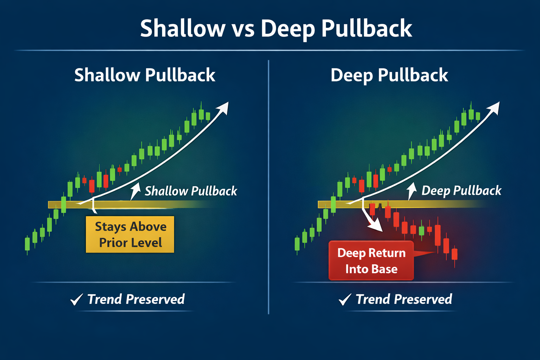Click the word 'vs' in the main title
click(x=243, y=29)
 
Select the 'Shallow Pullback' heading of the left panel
click(x=144, y=75)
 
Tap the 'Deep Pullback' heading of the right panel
click(x=389, y=75)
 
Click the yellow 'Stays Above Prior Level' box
click(x=130, y=234)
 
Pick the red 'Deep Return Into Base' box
click(x=371, y=261)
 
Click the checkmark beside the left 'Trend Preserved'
click(x=76, y=300)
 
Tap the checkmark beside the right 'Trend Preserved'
click(x=345, y=300)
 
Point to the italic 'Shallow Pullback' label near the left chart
click(x=191, y=191)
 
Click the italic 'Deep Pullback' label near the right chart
click(x=461, y=191)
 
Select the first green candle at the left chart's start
click(x=27, y=244)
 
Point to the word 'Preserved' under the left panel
click(x=155, y=300)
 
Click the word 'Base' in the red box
click(x=384, y=269)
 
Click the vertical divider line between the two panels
click(x=269, y=186)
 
